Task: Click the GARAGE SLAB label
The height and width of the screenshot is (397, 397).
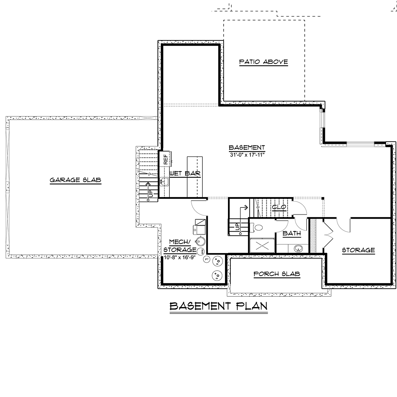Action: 75,180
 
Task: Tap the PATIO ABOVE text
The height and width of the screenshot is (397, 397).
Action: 263,62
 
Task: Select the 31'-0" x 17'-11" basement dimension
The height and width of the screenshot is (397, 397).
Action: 247,155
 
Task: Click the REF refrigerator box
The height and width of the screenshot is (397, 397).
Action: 165,158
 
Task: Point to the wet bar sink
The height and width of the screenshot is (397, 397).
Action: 164,182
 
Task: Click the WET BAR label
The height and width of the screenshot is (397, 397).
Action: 185,173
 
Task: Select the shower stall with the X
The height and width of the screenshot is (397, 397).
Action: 262,245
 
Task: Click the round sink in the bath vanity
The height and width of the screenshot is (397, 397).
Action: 298,248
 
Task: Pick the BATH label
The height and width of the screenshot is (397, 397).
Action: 291,234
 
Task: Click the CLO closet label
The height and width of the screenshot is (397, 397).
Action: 279,207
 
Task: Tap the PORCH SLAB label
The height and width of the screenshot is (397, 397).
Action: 277,274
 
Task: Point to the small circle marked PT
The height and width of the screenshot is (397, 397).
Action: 207,259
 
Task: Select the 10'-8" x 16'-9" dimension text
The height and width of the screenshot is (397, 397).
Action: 179,257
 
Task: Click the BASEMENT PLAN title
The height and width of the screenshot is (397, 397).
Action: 219,306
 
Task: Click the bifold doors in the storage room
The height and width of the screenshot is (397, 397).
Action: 328,235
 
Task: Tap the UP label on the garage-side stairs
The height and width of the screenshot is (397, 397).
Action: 151,194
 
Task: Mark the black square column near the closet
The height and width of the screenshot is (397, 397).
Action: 323,198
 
